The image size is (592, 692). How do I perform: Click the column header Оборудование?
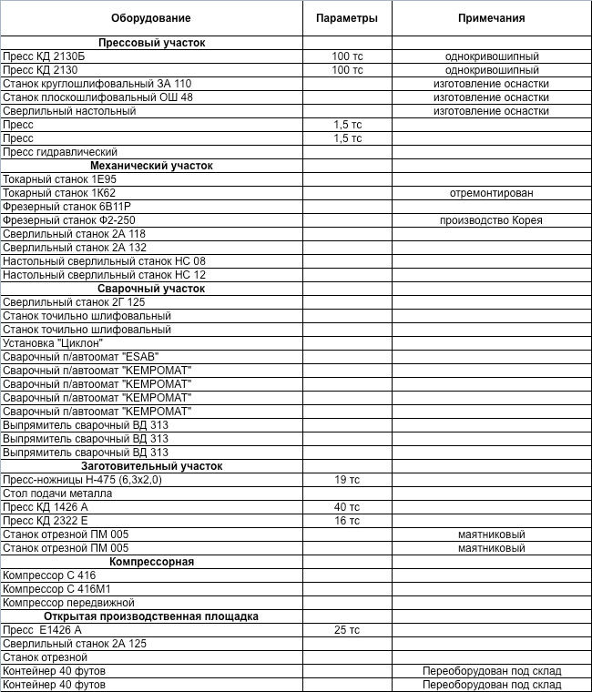pos(151,18)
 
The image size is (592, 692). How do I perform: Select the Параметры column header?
pos(347,18)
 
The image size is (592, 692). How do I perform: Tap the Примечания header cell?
pos(492,18)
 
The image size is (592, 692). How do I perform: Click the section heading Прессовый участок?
pos(151,43)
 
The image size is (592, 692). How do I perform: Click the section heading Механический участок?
pos(151,166)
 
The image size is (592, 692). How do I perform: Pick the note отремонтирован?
pos(492,193)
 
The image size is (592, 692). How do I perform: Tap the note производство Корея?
pos(492,220)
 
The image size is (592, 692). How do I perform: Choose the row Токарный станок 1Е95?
pos(59,179)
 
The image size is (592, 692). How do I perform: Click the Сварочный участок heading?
pos(151,289)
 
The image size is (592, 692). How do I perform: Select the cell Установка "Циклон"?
pos(53,343)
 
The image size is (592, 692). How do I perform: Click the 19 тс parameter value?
pos(347,480)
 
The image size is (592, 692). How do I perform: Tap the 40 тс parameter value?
pos(347,507)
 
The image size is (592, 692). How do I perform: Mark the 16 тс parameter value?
pos(347,521)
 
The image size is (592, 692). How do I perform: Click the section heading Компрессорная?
pos(151,562)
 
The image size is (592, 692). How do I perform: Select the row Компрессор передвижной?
pos(68,603)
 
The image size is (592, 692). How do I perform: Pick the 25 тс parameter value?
pos(347,630)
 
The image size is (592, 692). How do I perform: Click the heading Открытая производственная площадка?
pos(151,616)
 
